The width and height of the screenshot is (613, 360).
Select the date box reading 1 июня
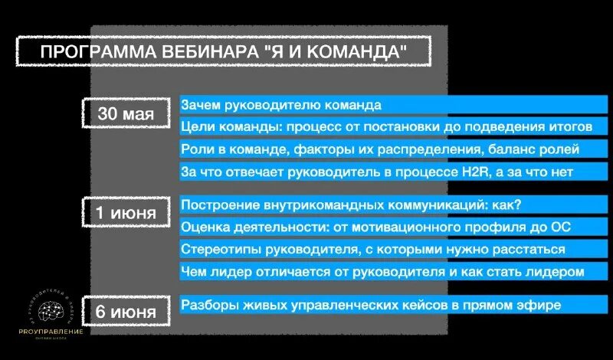(126, 211)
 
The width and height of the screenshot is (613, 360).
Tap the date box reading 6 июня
(126, 311)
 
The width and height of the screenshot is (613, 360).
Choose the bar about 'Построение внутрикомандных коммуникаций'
(351, 205)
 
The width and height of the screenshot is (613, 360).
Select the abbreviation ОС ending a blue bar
(560, 227)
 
